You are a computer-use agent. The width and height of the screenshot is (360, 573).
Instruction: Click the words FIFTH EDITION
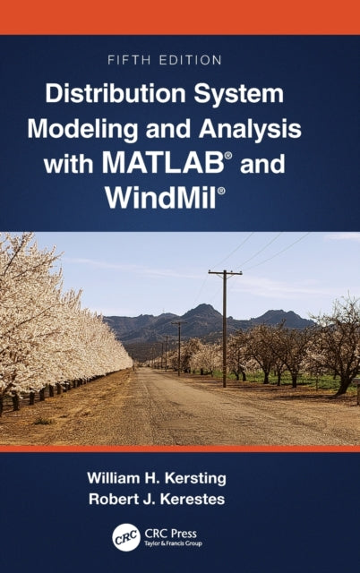click(180, 61)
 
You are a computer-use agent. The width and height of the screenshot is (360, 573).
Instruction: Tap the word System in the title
click(244, 93)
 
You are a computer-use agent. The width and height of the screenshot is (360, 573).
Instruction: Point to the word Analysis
click(254, 127)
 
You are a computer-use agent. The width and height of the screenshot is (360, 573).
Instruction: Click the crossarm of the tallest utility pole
click(225, 272)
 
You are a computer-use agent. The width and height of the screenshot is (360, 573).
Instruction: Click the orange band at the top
click(180, 16)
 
